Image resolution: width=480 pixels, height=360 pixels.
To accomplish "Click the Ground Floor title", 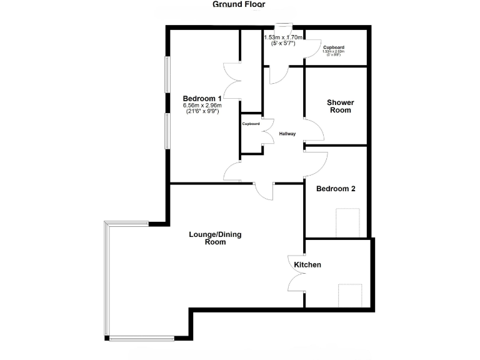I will pos(239,4).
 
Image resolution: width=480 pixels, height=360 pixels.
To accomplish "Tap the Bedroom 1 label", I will pos(202,98).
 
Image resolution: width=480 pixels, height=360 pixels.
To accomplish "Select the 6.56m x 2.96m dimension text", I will pos(202,106).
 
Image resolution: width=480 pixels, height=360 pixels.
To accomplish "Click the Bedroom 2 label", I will pos(336,189).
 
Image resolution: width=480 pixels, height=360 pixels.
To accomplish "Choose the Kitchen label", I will pos(307,265).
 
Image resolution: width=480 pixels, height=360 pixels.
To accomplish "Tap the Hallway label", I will pos(287,134).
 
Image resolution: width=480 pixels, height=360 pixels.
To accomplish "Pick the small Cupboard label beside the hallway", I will pos(251,124).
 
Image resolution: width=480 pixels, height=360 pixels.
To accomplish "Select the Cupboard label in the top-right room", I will pos(334,47).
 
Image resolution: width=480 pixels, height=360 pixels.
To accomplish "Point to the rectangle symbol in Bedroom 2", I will pos(348,222).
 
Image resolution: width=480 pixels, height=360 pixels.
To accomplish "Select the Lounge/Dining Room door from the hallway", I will pos(265,191).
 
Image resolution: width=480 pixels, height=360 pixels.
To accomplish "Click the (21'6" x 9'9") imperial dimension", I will pos(202,112).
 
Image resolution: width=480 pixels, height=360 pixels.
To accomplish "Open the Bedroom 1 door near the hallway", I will pos(233,172).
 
